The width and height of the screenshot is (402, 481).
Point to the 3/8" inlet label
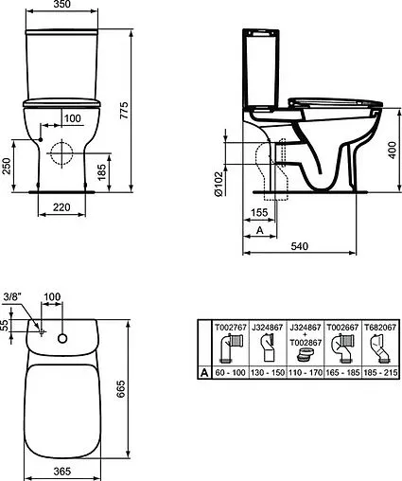(x=11, y=295)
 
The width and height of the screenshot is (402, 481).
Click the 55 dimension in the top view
(x=5, y=324)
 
